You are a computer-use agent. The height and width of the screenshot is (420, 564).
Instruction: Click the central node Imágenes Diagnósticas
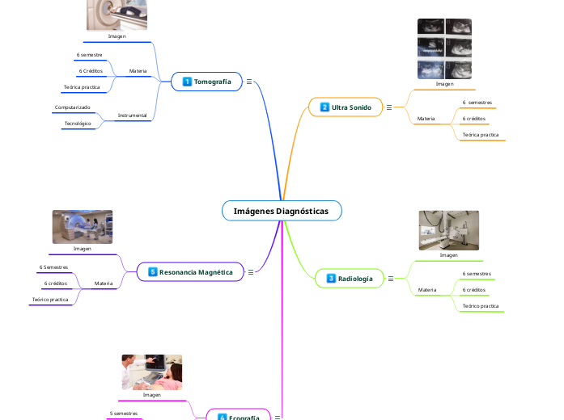coord(281,211)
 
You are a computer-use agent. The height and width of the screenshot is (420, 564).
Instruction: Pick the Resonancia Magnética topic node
coord(197,272)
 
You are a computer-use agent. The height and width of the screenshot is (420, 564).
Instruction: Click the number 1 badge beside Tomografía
coord(187,82)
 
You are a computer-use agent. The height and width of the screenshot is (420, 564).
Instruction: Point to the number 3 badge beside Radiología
coord(331,279)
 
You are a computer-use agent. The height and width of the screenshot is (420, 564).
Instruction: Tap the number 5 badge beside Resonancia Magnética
coord(152,272)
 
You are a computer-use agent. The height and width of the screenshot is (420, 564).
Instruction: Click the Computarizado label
coord(73,107)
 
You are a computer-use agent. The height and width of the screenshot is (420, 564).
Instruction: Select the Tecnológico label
coord(78,124)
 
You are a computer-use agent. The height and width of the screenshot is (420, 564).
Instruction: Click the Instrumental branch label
coord(132,115)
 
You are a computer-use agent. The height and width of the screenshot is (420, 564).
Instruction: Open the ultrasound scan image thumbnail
coord(444,48)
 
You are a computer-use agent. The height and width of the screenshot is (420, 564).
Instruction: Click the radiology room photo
coord(448,230)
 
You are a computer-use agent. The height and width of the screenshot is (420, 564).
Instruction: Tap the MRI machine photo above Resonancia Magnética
coord(83,227)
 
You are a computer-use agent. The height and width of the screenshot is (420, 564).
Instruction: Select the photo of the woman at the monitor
coord(152,372)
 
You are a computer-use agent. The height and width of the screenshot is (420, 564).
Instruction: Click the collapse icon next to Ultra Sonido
coord(389,107)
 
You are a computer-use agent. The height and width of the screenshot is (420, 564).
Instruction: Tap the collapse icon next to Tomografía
coord(249,82)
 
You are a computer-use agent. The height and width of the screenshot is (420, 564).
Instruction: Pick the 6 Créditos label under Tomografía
coord(90,71)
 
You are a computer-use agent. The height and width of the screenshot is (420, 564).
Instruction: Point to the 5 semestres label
coord(124,413)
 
